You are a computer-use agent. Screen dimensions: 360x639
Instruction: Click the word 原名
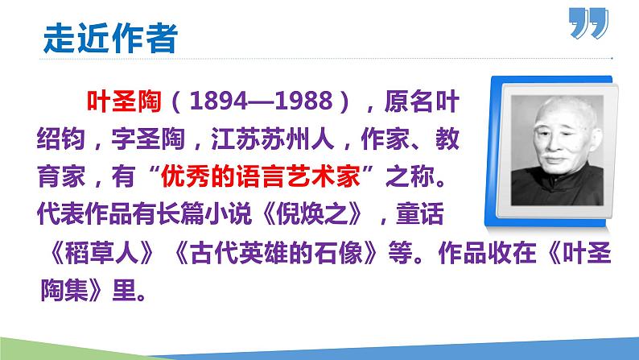coord(417,102)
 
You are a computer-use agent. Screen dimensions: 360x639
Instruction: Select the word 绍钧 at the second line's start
coord(60,139)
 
